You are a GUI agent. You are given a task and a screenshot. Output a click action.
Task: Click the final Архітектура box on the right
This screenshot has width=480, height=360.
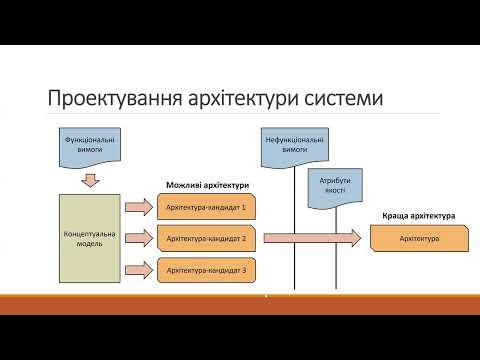(x=420, y=239)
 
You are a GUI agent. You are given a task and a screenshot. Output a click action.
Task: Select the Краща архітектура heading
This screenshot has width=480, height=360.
(x=419, y=215)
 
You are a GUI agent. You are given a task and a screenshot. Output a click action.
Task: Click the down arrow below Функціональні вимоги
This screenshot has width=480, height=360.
(x=90, y=180)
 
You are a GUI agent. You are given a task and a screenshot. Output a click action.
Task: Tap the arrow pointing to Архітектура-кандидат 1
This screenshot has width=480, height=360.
(x=138, y=208)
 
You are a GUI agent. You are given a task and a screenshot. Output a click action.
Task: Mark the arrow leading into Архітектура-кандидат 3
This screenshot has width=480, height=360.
(x=138, y=270)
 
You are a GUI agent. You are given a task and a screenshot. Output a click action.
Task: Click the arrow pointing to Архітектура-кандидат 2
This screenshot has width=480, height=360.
(x=138, y=239)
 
